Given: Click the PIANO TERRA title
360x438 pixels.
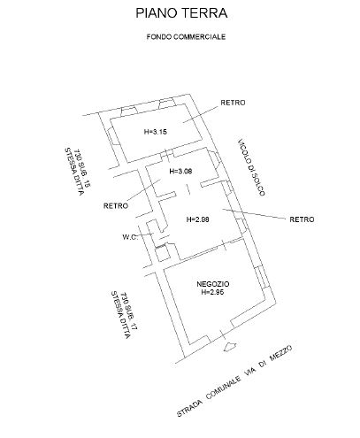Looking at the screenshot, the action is pos(181,13).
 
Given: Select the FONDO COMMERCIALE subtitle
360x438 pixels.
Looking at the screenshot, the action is pos(186,37).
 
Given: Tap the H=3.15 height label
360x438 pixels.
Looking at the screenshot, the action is pos(156,132).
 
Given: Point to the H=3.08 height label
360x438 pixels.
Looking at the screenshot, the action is pos(180,171).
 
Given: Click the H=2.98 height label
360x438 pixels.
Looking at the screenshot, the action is pos(198,219).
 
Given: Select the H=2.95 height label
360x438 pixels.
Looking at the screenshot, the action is pos(212,292).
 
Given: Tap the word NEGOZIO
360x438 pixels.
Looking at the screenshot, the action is pos(213,284).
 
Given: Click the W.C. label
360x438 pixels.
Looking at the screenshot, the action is pos(130,237).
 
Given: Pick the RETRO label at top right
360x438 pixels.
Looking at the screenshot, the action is pos(233,103).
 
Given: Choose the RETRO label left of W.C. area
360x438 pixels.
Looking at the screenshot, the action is pos(116,205).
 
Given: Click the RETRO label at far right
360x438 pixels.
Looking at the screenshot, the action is pos(302,219).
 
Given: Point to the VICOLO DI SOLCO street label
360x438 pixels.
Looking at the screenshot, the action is pos(251,167).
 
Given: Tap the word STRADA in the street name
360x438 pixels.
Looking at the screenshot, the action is pos(190,408).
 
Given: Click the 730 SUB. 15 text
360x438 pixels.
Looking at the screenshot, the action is pos(82,168).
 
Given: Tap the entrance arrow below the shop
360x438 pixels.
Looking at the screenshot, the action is pos(230,347).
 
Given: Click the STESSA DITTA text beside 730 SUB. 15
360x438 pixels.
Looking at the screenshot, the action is pos(74,172).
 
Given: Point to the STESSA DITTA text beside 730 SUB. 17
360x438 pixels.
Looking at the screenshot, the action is pos(120,315).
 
